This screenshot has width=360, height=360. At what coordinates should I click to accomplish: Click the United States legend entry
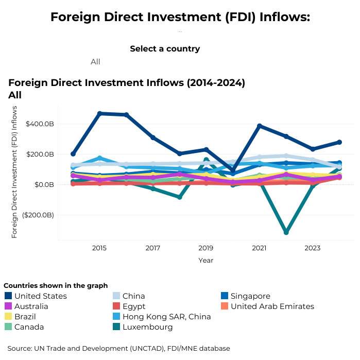[x=41, y=296]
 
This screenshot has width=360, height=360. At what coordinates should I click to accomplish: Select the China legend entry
[x=133, y=296]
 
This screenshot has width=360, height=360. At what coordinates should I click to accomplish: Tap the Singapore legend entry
[x=250, y=296]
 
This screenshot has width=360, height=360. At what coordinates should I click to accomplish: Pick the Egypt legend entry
[x=134, y=306]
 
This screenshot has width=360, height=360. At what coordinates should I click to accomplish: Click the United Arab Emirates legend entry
[x=272, y=306]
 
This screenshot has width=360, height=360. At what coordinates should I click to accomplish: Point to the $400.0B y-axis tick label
[x=40, y=124]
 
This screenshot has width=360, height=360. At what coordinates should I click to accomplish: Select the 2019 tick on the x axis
[x=206, y=248]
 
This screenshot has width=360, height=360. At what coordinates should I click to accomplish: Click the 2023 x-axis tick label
[x=312, y=248]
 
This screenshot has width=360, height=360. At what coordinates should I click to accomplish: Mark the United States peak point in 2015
[x=99, y=113]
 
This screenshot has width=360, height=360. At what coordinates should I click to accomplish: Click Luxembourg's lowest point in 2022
[x=286, y=232]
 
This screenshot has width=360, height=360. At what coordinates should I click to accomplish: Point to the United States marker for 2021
[x=260, y=126]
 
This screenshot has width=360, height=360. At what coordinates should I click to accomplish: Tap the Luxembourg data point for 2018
[x=179, y=197]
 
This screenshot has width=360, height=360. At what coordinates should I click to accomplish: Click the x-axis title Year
[x=206, y=261]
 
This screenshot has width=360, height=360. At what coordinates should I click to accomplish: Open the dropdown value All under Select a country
[x=95, y=62]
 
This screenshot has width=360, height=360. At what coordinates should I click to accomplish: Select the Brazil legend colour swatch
[x=8, y=317]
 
